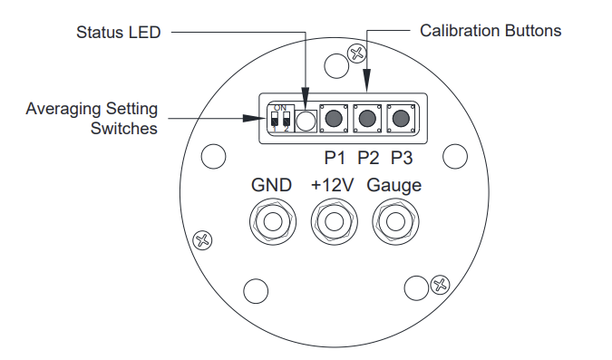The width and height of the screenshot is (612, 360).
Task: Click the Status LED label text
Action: [x=118, y=33]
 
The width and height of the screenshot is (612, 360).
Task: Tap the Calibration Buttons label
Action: [x=491, y=31]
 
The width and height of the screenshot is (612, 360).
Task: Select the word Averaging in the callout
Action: [x=64, y=109]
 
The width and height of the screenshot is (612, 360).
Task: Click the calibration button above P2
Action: [x=367, y=118]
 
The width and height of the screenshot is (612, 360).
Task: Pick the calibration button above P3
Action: [x=401, y=118]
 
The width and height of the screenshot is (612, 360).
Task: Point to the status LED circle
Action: [x=306, y=121]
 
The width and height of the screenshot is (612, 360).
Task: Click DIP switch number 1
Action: [x=275, y=119]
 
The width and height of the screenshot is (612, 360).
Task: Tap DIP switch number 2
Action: [x=287, y=119]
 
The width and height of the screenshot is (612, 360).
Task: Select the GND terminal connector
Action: [x=273, y=222]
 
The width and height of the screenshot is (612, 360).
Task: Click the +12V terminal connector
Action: [x=334, y=222]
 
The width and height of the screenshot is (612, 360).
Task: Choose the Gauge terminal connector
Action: [x=395, y=222]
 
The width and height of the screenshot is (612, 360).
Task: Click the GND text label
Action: [x=271, y=185]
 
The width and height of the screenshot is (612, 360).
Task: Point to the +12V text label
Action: [x=332, y=185]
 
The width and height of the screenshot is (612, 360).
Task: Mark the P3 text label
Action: [x=402, y=158]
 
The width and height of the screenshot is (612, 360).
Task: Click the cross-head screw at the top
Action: [x=356, y=54]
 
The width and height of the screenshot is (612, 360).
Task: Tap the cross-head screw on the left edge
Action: [x=202, y=240]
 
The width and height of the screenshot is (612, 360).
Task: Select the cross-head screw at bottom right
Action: [x=440, y=285]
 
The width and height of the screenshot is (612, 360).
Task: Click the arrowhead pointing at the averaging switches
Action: [x=254, y=118]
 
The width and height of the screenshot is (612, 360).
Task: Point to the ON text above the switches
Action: [x=280, y=108]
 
